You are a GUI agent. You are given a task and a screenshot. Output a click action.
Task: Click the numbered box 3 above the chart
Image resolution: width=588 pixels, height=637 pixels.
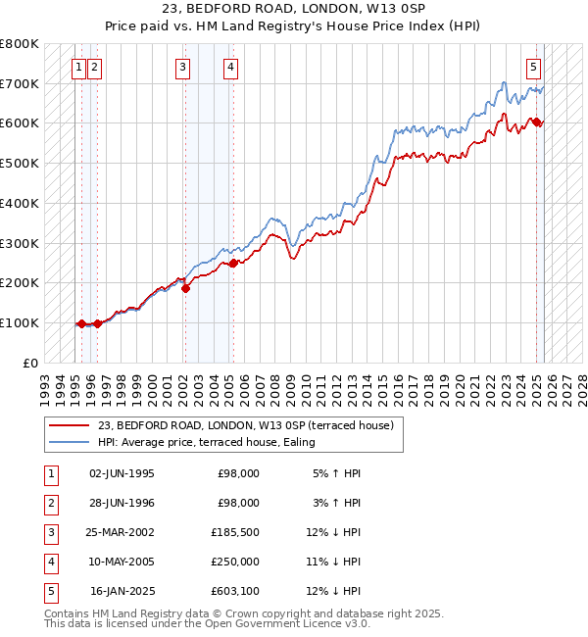[183, 68]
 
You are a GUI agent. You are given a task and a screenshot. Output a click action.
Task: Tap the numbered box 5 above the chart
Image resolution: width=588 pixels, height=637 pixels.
[533, 68]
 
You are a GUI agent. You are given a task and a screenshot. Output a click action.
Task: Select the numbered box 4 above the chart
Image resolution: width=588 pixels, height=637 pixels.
[229, 68]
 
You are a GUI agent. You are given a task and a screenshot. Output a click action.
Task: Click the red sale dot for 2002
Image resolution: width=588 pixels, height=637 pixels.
[185, 287]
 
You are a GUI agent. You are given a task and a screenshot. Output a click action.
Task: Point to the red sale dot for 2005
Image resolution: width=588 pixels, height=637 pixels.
[233, 262]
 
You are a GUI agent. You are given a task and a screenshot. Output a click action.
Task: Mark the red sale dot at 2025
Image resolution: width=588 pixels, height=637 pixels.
[537, 122]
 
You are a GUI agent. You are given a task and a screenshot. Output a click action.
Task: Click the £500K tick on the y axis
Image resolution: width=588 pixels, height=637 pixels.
[20, 164]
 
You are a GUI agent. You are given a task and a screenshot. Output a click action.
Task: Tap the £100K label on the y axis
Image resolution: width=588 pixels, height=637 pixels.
[20, 323]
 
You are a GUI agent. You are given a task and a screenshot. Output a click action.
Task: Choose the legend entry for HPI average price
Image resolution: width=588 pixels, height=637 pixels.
[206, 442]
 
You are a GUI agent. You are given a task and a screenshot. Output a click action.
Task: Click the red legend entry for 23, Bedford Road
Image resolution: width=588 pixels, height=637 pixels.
[245, 425]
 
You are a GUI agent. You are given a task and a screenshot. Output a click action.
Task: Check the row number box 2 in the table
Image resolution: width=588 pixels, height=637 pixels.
[50, 503]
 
